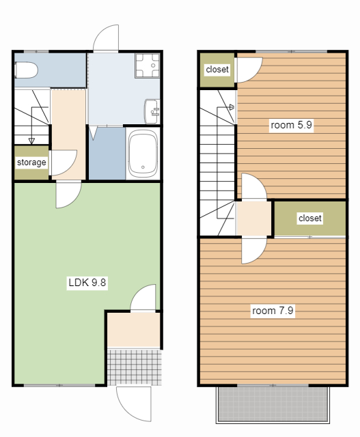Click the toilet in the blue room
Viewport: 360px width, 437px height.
point(26,70)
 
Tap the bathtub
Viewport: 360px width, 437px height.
point(143,154)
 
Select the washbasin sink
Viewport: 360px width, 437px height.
point(152,111)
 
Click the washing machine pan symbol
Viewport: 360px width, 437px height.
point(148,66)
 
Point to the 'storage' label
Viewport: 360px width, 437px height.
point(31,163)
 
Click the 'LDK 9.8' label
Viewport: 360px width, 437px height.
point(87,283)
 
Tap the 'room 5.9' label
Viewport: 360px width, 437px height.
point(292,125)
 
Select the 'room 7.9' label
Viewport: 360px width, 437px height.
point(273,311)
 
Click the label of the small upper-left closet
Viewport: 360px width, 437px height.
point(217,69)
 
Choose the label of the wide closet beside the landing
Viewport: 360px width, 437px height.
point(310,218)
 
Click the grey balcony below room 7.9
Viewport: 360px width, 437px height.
point(273,404)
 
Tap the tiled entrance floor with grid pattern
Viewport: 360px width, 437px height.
point(135,367)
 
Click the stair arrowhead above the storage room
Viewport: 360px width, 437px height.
point(31,141)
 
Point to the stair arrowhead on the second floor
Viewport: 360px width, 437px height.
point(232,107)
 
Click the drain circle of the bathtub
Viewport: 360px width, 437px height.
point(143,167)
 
